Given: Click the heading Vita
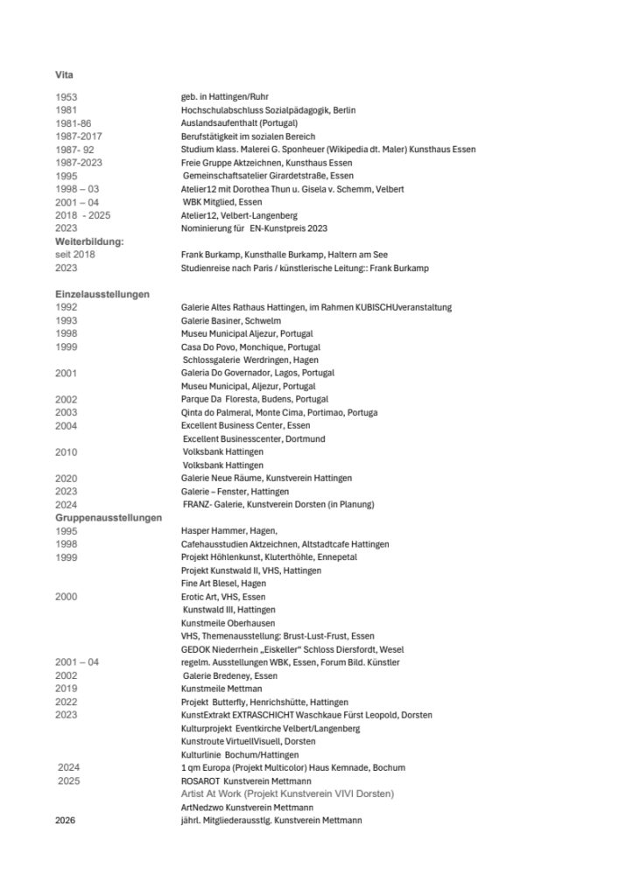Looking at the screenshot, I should pyautogui.click(x=64, y=74).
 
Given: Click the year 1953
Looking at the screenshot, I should pyautogui.click(x=66, y=97).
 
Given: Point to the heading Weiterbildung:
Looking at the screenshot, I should pyautogui.click(x=88, y=241).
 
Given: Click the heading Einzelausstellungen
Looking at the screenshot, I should pyautogui.click(x=102, y=294).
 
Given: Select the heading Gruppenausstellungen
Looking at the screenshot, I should pyautogui.click(x=108, y=518).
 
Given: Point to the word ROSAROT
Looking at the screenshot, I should pyautogui.click(x=200, y=780).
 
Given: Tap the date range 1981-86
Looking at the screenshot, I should pyautogui.click(x=73, y=123).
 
